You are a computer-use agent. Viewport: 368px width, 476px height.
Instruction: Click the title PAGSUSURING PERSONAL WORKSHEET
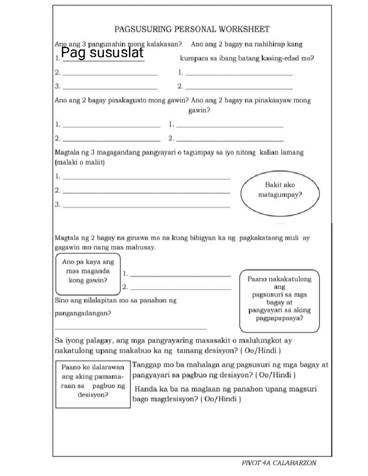192,29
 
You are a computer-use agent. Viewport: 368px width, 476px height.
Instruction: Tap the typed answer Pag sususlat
102,53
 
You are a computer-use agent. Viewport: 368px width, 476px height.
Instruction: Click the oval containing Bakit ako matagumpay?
280,193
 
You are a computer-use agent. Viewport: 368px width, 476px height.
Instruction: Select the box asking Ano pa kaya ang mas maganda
88,274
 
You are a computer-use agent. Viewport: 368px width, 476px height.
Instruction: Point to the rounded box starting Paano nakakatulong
279,301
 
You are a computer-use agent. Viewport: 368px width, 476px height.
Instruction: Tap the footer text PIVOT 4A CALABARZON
279,463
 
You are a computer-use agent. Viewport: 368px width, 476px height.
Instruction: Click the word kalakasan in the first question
164,44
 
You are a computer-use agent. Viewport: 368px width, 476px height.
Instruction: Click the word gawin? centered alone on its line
199,110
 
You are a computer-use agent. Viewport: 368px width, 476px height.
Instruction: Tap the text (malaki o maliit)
80,162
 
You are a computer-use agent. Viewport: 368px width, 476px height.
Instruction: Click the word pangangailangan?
83,314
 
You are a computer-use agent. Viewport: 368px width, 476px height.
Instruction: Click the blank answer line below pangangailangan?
130,329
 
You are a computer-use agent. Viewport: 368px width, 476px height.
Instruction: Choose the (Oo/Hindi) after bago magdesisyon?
220,399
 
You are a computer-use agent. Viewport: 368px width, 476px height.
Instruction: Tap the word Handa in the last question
146,389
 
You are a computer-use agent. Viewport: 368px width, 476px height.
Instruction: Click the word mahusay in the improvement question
143,248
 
